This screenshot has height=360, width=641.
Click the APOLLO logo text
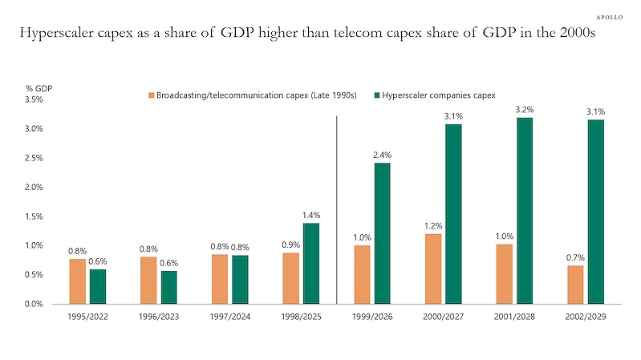pos(609,17)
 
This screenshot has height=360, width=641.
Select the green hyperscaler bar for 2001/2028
pos(525,211)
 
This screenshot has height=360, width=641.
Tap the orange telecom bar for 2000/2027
pos(433,269)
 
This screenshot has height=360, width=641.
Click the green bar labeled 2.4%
pos(382,233)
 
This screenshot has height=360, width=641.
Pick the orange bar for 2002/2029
pos(575,285)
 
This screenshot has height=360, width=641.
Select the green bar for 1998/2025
pos(311,264)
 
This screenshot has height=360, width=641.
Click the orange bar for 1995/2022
pos(77,281)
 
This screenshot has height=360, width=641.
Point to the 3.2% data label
pos(525,110)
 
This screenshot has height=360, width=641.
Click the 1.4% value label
pos(311,215)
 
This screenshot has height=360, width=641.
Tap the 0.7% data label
pos(575,257)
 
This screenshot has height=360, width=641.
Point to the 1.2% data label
pos(433,225)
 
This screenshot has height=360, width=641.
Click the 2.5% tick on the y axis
pos(34,158)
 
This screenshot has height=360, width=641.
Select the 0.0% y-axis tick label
pos(34,304)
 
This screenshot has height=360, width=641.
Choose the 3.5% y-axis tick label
pos(34,99)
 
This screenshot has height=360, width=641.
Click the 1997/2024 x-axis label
pos(229,316)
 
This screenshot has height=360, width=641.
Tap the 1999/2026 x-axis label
pos(372,316)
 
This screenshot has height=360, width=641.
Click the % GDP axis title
pos(39,88)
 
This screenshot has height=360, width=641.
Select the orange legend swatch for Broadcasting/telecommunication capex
pos(152,95)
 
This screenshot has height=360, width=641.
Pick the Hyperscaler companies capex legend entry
pos(435,95)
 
